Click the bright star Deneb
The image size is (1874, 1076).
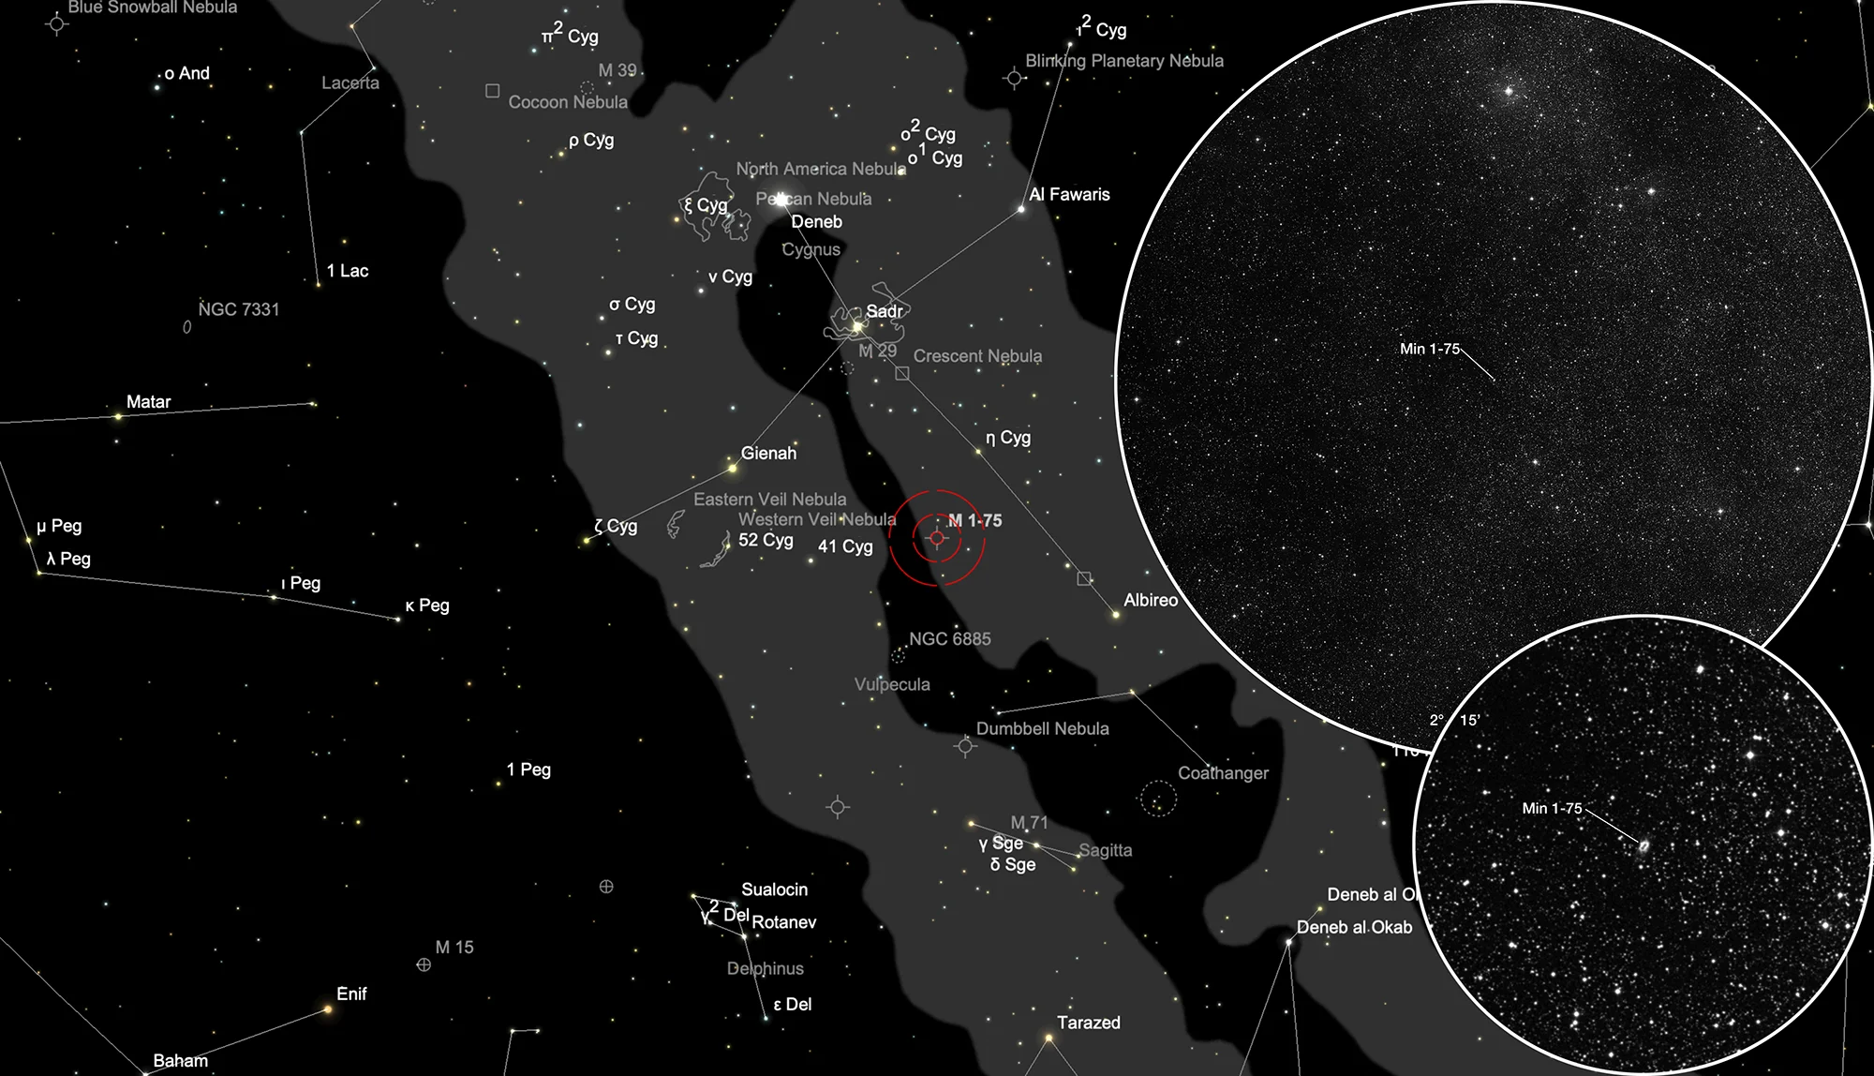click(781, 199)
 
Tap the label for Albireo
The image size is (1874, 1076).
click(1151, 600)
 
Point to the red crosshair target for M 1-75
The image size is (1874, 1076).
click(937, 538)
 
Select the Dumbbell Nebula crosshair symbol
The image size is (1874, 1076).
click(966, 746)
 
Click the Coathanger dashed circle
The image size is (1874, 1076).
click(1159, 799)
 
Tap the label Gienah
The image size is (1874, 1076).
click(768, 453)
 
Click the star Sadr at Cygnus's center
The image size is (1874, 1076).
click(856, 326)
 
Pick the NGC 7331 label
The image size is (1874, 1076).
click(239, 309)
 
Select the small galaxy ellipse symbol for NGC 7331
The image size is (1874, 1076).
click(187, 327)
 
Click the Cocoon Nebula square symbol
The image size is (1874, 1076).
click(492, 91)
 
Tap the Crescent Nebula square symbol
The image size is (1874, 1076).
click(901, 373)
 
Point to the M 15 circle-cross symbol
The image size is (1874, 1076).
click(424, 964)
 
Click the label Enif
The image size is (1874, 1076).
click(351, 994)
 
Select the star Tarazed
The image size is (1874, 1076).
click(1049, 1038)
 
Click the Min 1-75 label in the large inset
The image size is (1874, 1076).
click(1429, 349)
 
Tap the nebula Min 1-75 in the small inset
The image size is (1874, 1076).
click(1643, 846)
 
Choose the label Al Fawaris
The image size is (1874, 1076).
click(1069, 195)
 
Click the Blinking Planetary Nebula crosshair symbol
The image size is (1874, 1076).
click(1014, 78)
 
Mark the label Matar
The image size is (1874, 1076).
click(149, 402)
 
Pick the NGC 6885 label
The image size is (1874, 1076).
click(949, 638)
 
